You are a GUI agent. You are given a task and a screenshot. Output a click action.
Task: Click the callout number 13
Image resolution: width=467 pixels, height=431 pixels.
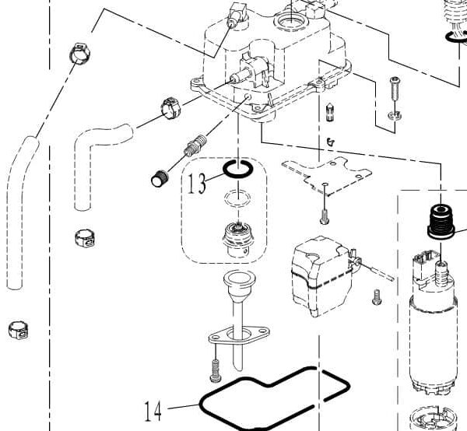tap(196, 184)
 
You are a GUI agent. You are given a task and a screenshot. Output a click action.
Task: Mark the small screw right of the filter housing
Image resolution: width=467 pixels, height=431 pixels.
tap(377, 296)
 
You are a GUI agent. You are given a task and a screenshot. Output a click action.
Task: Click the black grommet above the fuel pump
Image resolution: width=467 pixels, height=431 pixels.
tap(440, 221)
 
